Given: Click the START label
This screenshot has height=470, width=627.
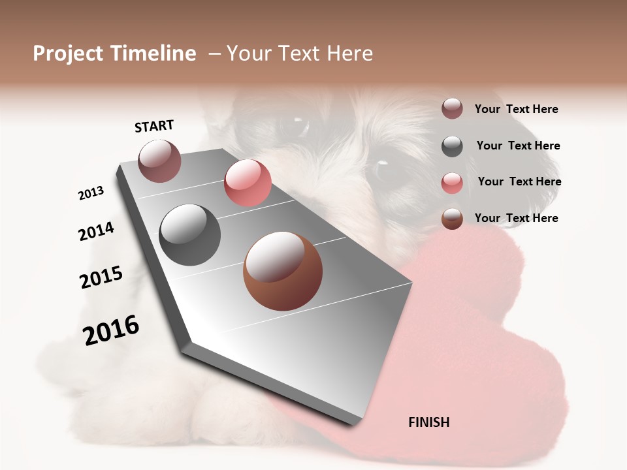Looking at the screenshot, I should [154, 126].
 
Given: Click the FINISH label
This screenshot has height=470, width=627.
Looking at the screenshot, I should [429, 422].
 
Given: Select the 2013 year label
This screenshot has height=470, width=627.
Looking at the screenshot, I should [91, 193].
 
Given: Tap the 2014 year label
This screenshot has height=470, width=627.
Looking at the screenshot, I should [96, 232].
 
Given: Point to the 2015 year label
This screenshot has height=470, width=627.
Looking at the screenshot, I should [101, 277].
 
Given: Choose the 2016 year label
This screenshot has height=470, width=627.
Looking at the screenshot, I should [111, 330].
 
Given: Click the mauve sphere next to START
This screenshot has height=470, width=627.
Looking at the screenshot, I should [159, 161].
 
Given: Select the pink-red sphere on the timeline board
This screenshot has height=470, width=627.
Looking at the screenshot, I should [248, 183].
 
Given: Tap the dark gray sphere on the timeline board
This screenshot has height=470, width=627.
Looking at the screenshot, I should [190, 235].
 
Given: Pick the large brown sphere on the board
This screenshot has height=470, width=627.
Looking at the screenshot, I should [282, 271].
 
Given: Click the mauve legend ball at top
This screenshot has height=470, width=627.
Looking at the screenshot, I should [452, 109].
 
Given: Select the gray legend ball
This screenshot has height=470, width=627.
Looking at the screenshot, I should [452, 146].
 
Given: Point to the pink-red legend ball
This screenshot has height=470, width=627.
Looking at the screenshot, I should [452, 183].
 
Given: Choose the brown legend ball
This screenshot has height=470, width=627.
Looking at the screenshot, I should [452, 219].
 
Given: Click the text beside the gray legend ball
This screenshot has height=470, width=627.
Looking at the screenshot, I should [518, 146].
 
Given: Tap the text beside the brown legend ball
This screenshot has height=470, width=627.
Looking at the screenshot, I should [516, 218].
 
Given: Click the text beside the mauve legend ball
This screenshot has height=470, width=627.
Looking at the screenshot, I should [516, 109].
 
